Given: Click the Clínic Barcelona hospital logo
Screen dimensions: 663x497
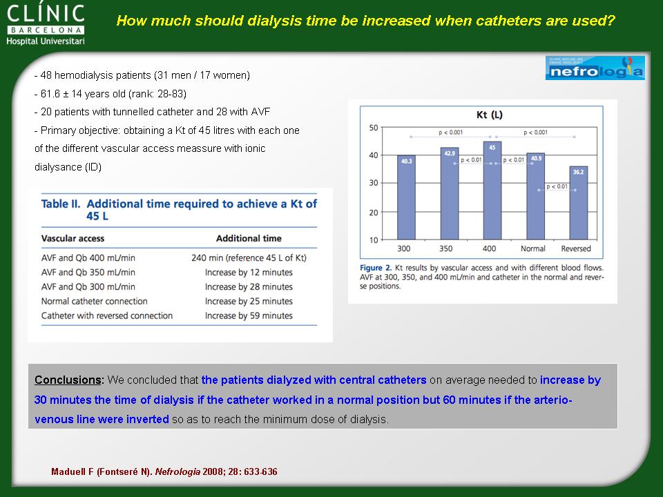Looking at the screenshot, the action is (46, 25).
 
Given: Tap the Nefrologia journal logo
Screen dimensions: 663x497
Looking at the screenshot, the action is (595, 68).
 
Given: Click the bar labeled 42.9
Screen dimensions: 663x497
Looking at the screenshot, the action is (450, 193).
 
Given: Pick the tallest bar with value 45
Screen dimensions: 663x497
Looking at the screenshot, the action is (492, 191).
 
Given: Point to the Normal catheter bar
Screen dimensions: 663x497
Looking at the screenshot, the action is (536, 197).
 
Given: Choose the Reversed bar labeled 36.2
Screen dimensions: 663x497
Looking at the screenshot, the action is (579, 203).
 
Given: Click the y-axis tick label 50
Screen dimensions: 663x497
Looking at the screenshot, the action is (374, 128).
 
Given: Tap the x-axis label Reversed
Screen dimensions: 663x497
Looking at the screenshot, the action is (576, 248).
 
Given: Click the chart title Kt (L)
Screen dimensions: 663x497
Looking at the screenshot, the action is (489, 115).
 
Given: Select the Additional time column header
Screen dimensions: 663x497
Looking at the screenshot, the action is (249, 238).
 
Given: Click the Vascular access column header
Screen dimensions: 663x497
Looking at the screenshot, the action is (73, 238).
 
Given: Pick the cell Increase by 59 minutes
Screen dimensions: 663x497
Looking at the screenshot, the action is (249, 315).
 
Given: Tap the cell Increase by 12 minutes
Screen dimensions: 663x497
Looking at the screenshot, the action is (249, 273).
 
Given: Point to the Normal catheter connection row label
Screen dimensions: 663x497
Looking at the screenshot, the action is (95, 302).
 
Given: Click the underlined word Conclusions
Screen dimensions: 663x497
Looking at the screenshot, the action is (68, 380).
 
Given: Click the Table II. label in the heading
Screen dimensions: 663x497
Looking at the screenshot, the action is (61, 204).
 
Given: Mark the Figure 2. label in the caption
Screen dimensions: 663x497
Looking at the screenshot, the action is (376, 268).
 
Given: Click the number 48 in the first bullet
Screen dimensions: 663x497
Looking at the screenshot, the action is (46, 75).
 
